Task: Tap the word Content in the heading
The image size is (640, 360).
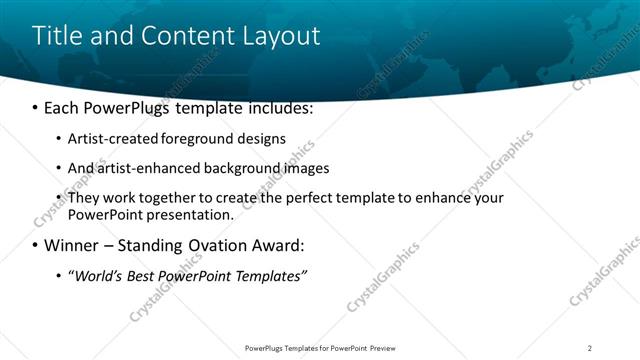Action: coord(191,36)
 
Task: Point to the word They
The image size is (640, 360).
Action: coord(85,198)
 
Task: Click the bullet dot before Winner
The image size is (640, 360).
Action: coord(36,246)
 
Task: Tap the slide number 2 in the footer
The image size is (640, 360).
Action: coord(590,348)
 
